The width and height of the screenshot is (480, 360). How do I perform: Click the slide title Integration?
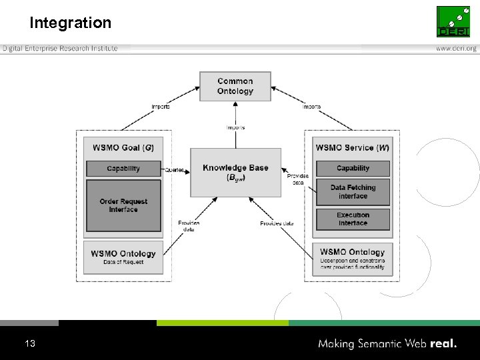point(70,23)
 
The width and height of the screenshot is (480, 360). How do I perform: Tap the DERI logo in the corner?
point(453,21)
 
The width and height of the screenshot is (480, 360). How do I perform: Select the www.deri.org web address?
point(456,49)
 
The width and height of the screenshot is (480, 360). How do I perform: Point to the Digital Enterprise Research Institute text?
point(60,49)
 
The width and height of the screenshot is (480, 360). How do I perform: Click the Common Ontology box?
point(235,86)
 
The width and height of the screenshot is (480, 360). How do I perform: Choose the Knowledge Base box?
point(235,172)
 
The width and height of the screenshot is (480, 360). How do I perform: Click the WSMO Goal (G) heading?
point(123,147)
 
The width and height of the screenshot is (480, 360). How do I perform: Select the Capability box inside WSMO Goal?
point(123,169)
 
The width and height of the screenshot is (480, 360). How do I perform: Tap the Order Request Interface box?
point(123,205)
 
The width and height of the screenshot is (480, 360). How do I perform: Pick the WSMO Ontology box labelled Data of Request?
point(123,257)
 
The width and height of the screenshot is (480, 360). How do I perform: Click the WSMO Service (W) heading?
point(353,147)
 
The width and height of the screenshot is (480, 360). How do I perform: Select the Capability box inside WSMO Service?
point(353,169)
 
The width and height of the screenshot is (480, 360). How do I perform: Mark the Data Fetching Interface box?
point(353,192)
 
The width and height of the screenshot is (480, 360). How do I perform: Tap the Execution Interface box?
point(353,219)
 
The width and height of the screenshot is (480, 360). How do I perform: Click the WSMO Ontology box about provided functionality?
point(353,259)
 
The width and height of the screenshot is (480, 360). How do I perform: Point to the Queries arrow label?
point(174,169)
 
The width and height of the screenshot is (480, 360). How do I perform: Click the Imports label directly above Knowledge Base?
point(235,127)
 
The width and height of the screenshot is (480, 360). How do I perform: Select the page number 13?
point(29,343)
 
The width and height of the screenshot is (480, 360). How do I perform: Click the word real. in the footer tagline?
point(443,344)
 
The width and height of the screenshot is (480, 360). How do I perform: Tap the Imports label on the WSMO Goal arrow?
point(160,107)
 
